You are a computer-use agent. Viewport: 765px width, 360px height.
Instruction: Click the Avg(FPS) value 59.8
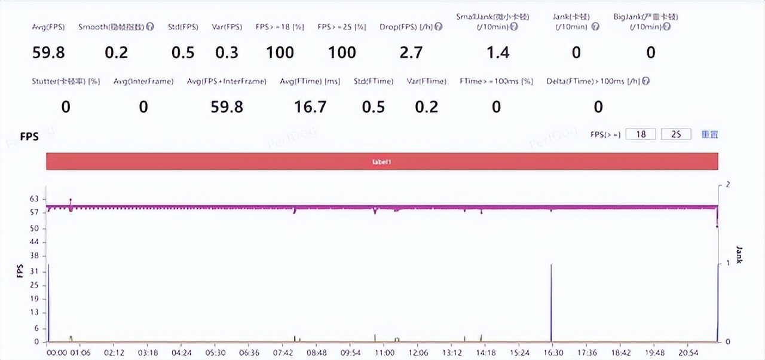coord(48,53)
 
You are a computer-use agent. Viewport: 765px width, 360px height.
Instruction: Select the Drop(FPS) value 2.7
coord(411,53)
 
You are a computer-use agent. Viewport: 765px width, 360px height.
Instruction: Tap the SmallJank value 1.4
coord(498,53)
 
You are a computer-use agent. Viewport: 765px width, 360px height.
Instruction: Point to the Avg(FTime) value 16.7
coord(310,107)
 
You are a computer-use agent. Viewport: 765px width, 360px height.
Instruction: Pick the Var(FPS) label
coord(227,27)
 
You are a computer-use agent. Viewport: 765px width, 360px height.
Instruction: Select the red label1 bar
coord(382,161)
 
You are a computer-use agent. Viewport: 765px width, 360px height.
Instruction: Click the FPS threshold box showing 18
coord(641,135)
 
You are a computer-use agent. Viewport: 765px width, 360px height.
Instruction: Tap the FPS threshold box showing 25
coord(676,135)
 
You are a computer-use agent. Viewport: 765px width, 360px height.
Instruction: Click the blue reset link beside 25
coord(709,135)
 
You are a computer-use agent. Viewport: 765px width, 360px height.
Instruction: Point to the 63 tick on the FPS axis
coord(33,199)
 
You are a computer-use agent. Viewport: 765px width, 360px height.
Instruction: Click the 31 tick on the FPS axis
coord(33,271)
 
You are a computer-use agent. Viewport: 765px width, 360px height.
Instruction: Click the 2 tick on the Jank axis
coord(727,185)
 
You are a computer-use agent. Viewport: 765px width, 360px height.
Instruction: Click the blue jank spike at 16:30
coord(551,299)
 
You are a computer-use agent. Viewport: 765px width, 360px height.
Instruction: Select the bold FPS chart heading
coord(29,137)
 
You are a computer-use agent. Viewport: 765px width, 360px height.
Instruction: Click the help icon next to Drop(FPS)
coord(439,27)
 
